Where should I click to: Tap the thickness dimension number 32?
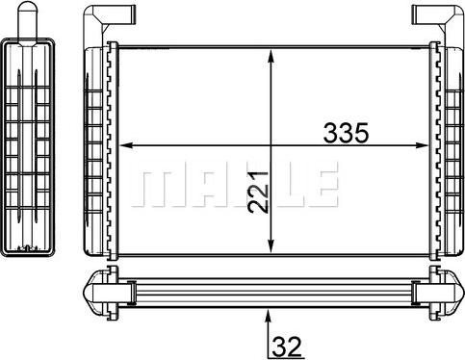pyautogui.click(x=287, y=342)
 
